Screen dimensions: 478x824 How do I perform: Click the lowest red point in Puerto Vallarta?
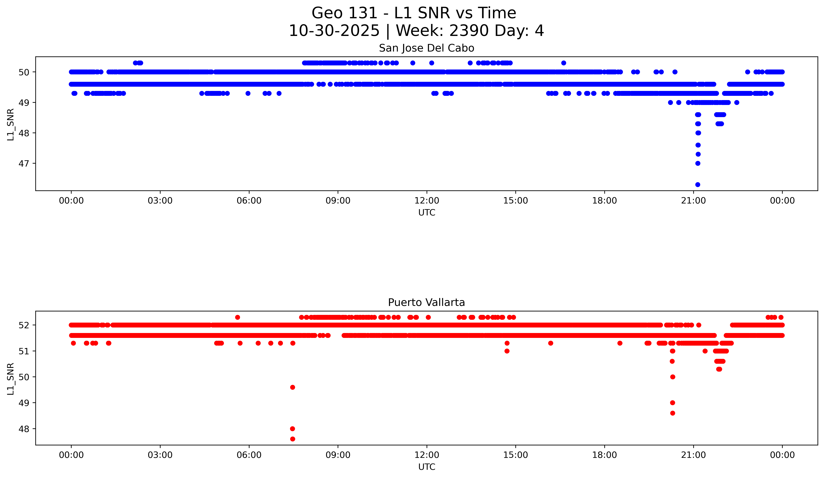[x=293, y=439]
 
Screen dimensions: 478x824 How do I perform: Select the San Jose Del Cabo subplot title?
[x=426, y=48]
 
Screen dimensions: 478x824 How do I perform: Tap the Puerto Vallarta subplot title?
[x=426, y=303]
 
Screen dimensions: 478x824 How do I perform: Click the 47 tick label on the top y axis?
[x=23, y=163]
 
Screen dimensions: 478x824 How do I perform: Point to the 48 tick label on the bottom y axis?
[x=23, y=429]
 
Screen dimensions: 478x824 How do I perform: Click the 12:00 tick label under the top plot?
[x=427, y=201]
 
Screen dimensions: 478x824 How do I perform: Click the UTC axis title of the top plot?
[x=427, y=213]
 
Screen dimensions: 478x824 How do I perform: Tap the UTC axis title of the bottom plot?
[x=427, y=467]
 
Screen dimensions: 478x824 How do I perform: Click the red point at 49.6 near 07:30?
[x=293, y=387]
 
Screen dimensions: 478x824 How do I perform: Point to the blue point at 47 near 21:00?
[x=698, y=163]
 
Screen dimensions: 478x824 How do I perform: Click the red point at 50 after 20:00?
[x=673, y=377]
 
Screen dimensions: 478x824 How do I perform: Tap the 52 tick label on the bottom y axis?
[x=23, y=325]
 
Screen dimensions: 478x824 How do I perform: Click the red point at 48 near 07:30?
[x=293, y=429]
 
